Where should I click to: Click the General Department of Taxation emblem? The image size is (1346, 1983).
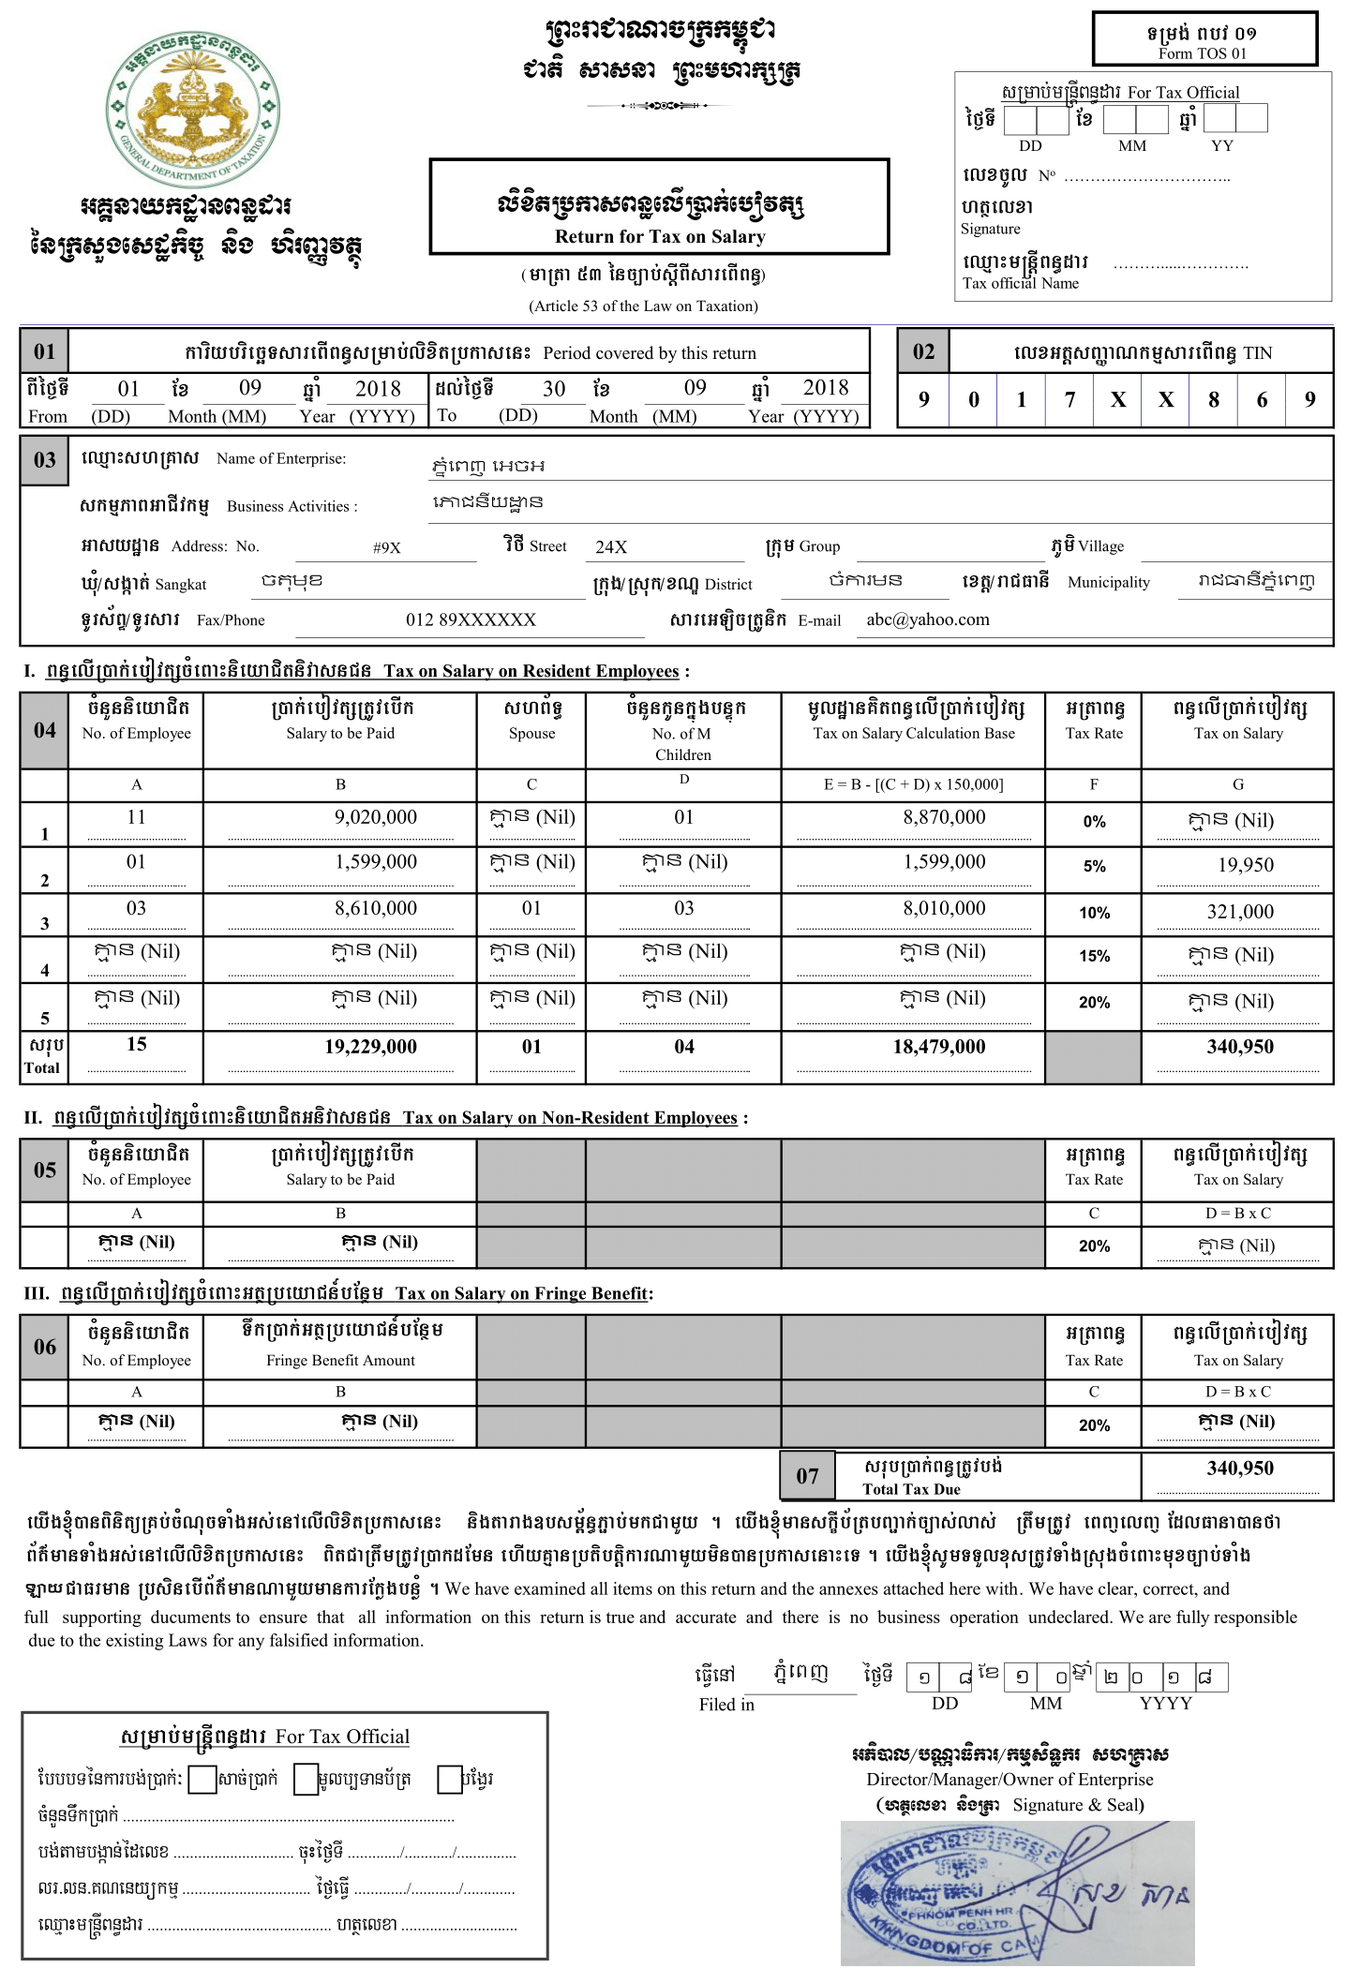pos(192,109)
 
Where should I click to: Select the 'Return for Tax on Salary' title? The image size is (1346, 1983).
pos(660,236)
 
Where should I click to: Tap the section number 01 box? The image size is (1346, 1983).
pos(45,351)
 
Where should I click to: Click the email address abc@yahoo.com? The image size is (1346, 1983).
pos(927,619)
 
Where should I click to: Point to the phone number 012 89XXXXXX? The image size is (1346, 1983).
pos(471,619)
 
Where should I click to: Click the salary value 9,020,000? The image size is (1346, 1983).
pos(375,817)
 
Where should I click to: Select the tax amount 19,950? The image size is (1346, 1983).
pos(1245,865)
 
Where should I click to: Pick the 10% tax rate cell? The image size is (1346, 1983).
pos(1094,913)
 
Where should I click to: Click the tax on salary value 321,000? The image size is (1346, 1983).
pos(1239,912)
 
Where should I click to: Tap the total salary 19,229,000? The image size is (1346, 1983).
pos(370,1047)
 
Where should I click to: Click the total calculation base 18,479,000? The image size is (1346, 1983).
pos(938,1047)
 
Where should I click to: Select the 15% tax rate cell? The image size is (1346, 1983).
pos(1094,956)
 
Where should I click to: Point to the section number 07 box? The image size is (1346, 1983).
pos(808,1476)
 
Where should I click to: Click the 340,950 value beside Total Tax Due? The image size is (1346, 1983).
pos(1239,1469)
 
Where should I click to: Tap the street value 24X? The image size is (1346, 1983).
pos(611,547)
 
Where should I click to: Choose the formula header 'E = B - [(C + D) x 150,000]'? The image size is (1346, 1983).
pos(913,784)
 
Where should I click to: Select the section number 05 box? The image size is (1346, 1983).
pos(45,1170)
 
